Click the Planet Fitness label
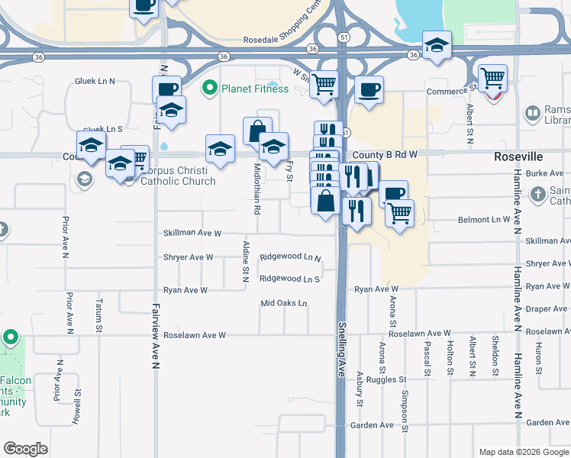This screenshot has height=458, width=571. [255, 89]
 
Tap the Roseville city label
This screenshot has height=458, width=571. [517, 156]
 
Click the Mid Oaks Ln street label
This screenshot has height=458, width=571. [283, 304]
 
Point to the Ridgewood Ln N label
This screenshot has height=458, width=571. [290, 258]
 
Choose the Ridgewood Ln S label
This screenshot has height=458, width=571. [289, 279]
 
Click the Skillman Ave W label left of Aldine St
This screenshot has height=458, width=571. [192, 233]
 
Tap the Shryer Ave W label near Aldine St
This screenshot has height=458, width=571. [188, 257]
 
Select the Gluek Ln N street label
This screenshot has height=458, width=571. [95, 81]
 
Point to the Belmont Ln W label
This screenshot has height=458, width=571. [483, 220]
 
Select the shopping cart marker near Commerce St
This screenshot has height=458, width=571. [492, 77]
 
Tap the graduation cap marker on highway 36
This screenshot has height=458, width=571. [437, 45]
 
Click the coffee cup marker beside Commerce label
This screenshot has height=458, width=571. [369, 90]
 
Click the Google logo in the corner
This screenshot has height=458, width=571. [26, 449]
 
